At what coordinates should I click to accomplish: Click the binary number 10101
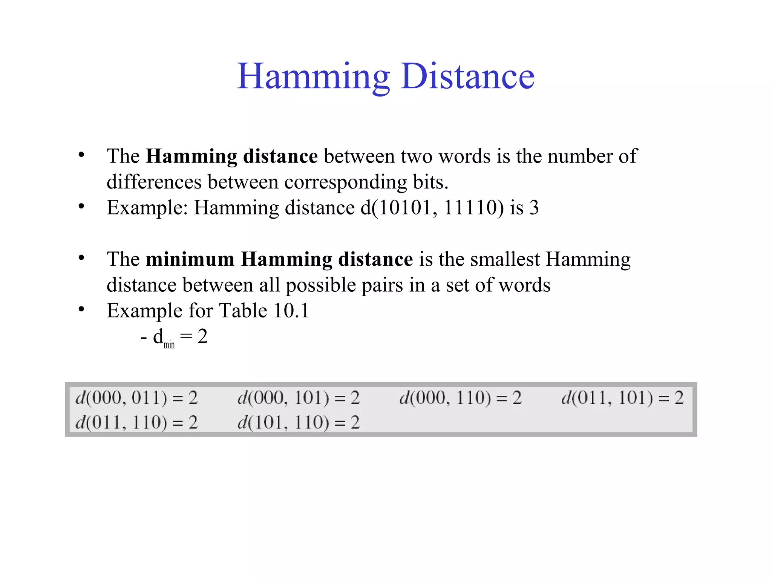[405, 208]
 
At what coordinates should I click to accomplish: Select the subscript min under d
[169, 345]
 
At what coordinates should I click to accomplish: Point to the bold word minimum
[190, 259]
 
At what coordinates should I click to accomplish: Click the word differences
[154, 182]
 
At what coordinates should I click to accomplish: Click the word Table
[243, 311]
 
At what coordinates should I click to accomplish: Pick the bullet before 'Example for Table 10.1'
[81, 309]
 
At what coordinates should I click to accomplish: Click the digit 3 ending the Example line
[534, 208]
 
